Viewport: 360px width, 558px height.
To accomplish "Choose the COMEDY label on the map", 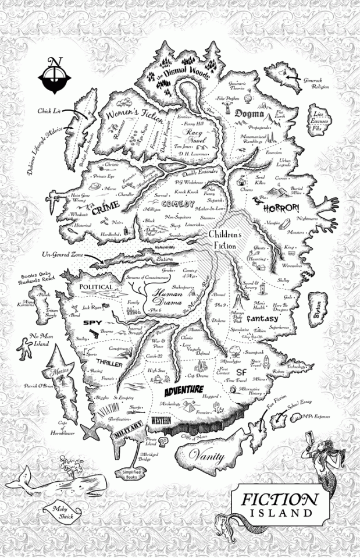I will click(178, 204).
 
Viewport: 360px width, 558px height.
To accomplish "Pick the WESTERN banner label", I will click(161, 420).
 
